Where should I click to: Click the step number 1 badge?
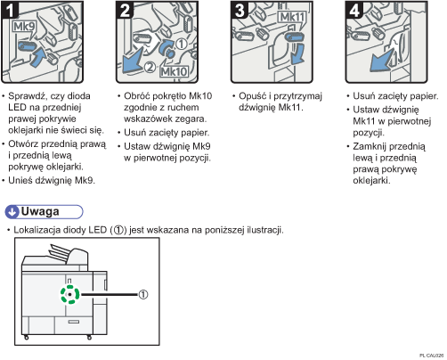click(x=10, y=10)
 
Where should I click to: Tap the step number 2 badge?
click(x=125, y=10)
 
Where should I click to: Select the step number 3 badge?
click(x=240, y=10)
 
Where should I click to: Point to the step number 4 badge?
click(x=354, y=10)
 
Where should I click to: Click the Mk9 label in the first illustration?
click(x=24, y=27)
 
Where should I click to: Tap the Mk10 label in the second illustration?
click(x=175, y=71)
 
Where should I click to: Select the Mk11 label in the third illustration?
click(x=293, y=17)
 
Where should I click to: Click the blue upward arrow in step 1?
click(x=38, y=58)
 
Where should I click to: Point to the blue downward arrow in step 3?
click(x=298, y=53)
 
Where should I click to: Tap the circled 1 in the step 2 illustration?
click(x=182, y=45)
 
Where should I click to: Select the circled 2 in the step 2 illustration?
click(x=150, y=67)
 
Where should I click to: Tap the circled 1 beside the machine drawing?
click(x=143, y=294)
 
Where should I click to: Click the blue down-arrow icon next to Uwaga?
click(x=12, y=212)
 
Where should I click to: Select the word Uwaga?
click(x=40, y=211)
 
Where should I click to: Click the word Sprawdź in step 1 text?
click(x=27, y=96)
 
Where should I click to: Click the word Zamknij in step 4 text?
click(x=370, y=147)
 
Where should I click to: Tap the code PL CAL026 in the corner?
click(x=432, y=356)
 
